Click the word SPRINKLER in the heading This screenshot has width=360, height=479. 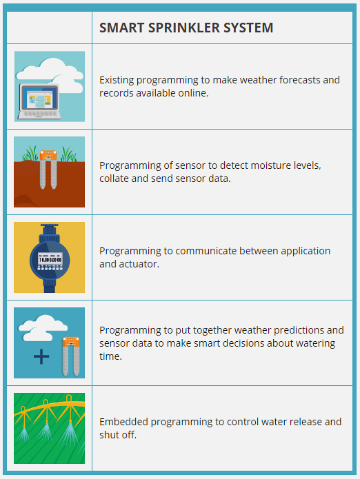180,28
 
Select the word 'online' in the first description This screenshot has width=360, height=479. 193,92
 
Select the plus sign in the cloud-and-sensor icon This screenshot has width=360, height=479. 42,356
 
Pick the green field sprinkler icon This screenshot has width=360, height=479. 49,428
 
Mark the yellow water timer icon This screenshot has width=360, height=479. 49,257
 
